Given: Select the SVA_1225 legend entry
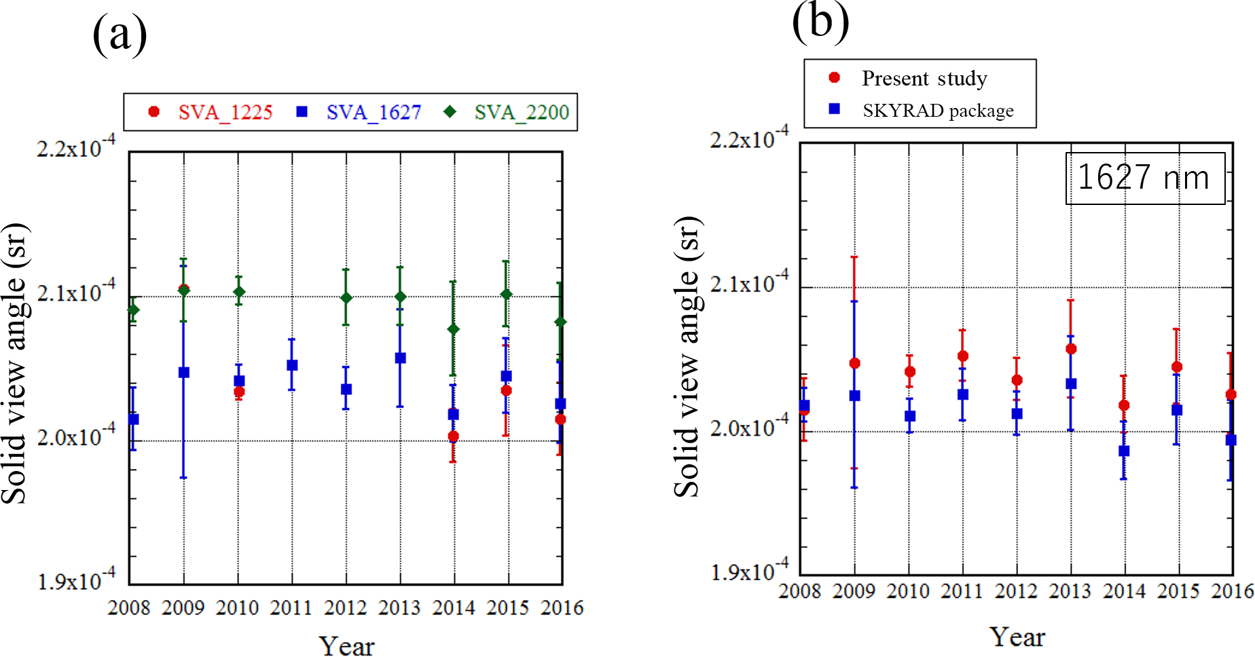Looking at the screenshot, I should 211,112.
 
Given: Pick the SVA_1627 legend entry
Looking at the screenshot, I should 359,112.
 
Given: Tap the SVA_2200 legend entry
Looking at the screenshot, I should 507,112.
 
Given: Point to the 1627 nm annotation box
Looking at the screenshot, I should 1144,178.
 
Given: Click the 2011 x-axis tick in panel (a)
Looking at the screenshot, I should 291,607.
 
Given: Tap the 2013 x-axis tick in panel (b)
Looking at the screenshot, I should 1070,591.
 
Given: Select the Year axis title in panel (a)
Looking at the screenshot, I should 346,645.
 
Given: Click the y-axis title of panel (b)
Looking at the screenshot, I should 687,357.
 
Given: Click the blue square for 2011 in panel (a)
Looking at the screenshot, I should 292,365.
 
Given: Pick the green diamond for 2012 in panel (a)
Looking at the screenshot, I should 346,298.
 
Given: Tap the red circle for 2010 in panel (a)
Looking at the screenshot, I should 239,392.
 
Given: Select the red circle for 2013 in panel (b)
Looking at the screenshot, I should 1071,349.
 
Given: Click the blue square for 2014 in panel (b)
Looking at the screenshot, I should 1124,451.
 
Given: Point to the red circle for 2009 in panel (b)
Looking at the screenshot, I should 855,363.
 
